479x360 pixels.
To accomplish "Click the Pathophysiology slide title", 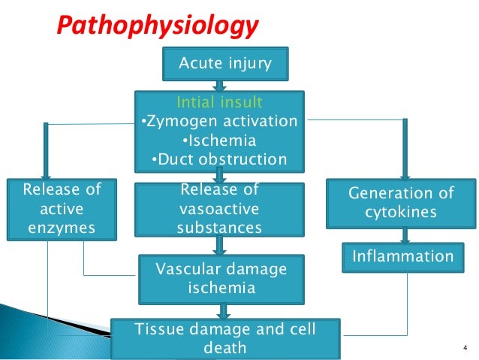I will click(158, 28).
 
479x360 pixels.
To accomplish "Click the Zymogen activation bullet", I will click(220, 121).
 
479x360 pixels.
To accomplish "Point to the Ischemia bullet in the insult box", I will click(220, 140).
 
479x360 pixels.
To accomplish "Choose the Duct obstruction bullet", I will click(220, 159).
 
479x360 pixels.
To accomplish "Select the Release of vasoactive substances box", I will click(220, 209).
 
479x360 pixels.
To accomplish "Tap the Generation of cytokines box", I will click(402, 203).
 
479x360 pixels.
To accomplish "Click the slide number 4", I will click(465, 347).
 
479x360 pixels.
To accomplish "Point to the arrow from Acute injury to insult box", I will click(220, 86).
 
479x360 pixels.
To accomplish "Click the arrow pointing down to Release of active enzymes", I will click(47, 150).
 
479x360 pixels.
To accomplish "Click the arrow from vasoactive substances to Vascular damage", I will click(220, 244).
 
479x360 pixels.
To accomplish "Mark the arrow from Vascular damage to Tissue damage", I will click(222, 308).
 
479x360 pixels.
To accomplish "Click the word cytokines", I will click(402, 213).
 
